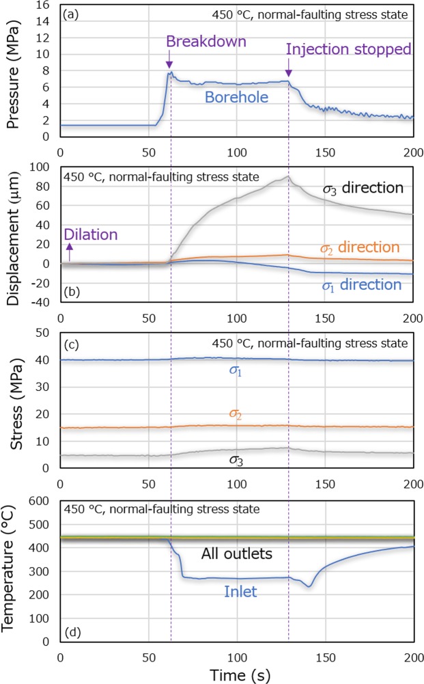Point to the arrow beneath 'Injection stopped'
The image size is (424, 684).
288,70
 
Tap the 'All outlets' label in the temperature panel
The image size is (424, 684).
237,553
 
